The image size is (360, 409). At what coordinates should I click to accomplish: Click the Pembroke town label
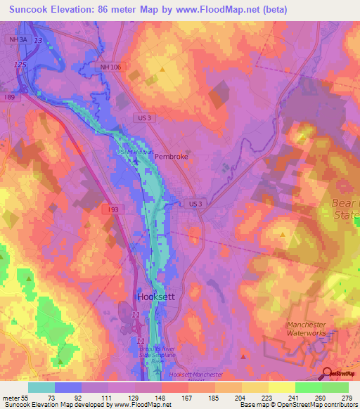pos(172,157)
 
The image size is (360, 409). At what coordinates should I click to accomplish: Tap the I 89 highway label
pos(9,97)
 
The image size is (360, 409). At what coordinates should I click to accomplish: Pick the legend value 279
pos(347,398)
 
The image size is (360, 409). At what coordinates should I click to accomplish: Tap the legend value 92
pos(67,398)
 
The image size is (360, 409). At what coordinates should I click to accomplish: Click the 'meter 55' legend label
pos(14,398)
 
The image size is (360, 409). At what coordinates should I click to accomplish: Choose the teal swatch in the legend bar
pos(41,387)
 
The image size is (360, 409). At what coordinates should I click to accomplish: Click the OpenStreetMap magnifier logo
pos(328,374)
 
